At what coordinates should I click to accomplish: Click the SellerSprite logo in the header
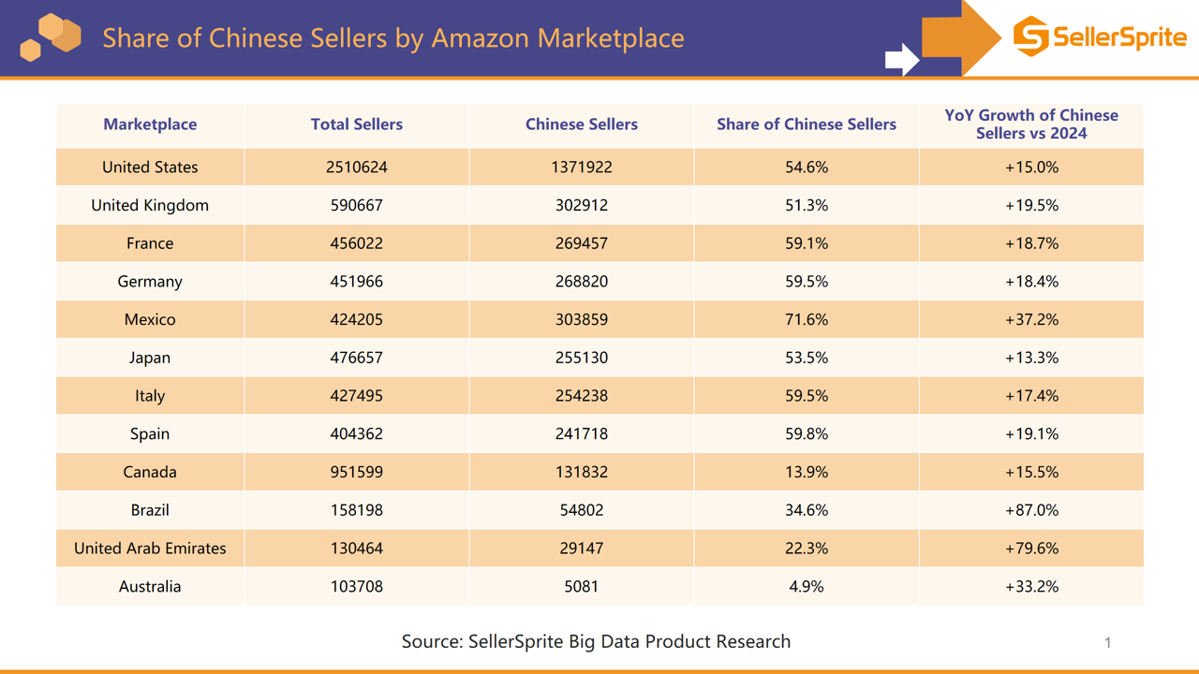(1099, 37)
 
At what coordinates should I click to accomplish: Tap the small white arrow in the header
(901, 59)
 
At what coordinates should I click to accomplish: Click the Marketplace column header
(150, 125)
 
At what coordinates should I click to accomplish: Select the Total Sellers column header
(356, 125)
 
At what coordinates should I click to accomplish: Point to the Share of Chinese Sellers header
(806, 125)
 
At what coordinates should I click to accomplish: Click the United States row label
(150, 168)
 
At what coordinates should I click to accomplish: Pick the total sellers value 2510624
(356, 168)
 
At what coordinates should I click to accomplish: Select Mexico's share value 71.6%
(806, 320)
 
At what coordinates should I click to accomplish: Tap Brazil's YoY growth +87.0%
(1030, 510)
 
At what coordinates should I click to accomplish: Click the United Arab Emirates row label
(150, 549)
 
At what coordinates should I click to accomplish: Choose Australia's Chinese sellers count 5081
(581, 587)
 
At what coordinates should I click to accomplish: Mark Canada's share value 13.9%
(806, 473)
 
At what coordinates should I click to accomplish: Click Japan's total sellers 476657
(356, 358)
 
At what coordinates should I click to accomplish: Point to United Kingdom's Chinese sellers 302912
(581, 206)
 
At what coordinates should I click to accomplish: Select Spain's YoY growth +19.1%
(1030, 434)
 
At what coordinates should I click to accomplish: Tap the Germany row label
(150, 282)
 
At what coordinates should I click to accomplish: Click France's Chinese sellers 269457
(581, 243)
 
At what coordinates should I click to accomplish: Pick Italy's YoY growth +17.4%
(1030, 396)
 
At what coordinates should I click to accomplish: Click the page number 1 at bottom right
(1107, 642)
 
